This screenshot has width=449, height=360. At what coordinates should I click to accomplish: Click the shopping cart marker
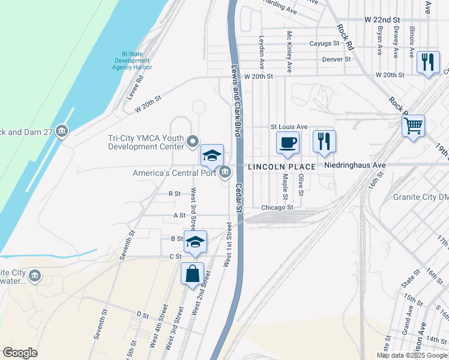coord(413,127)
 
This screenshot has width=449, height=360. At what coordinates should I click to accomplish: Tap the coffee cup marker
coord(288,143)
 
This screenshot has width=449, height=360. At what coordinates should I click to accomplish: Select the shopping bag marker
coord(193,274)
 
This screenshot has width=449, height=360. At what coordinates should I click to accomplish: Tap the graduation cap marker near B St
coord(195,242)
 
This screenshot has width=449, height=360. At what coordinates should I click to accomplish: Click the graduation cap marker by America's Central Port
coord(212,156)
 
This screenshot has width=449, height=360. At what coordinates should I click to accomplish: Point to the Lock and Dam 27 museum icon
coord(61,131)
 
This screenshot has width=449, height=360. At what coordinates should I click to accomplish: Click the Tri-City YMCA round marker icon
coord(193,142)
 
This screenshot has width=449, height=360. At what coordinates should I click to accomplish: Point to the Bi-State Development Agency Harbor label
coord(132,60)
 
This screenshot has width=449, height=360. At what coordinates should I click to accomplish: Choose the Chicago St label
coord(277,208)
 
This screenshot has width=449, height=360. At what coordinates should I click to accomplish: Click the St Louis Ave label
coord(289,127)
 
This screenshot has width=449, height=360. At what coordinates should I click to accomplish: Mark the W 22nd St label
coord(383,20)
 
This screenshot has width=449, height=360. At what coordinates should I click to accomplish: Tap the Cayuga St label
coord(324,43)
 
